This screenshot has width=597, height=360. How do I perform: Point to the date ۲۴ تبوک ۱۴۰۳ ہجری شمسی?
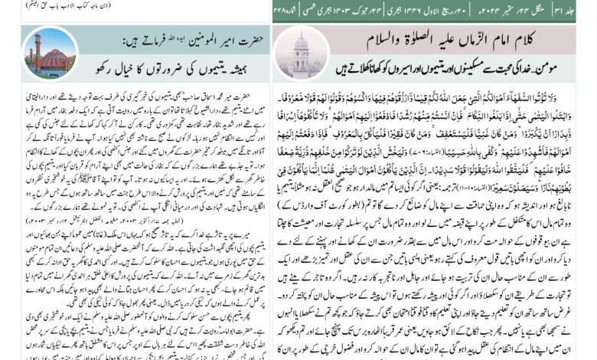click(x=357, y=10)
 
